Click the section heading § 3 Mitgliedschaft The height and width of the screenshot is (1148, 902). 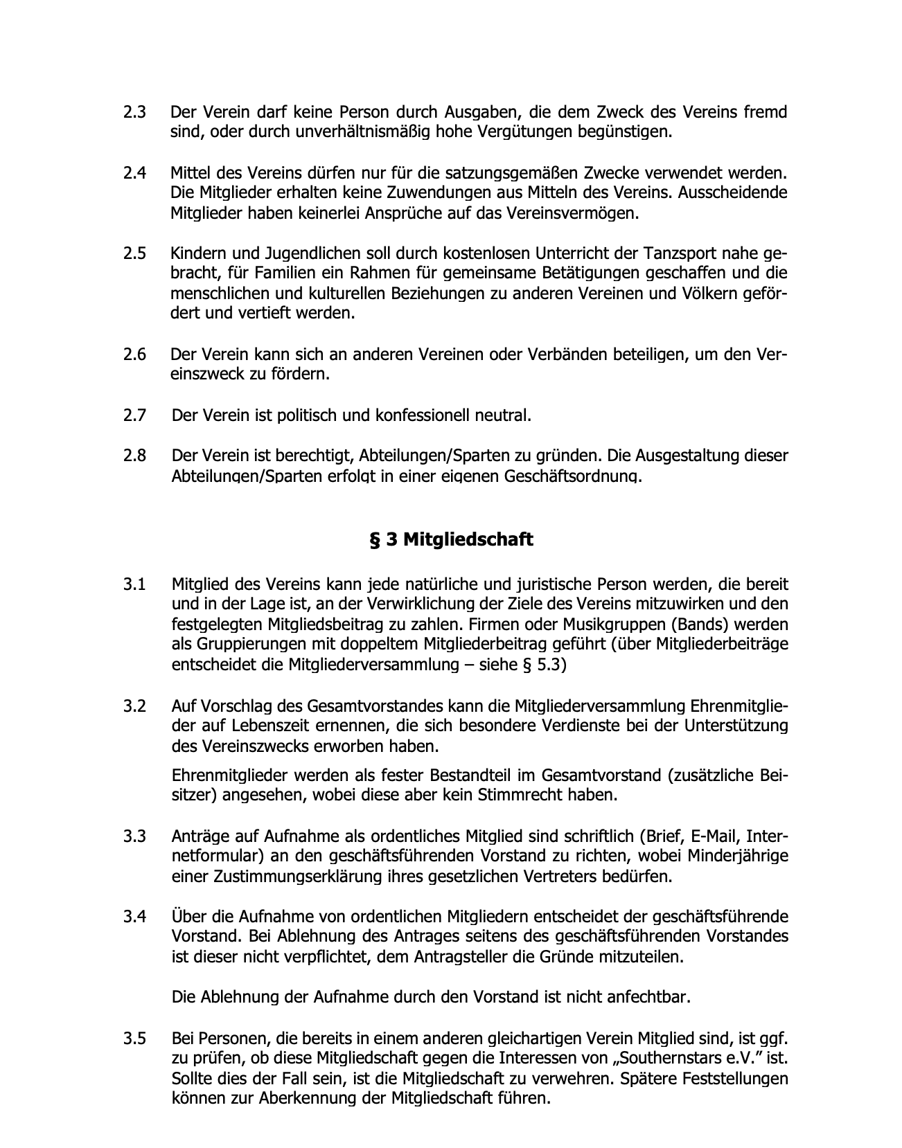point(451,539)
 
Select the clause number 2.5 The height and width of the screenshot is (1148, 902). point(134,253)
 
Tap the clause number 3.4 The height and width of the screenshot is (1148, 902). point(134,917)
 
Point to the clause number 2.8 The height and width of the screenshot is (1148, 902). point(134,456)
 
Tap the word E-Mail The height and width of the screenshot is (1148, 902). point(707,836)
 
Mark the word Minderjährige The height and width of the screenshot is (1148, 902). point(738,856)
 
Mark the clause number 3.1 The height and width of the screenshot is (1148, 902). point(134,584)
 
